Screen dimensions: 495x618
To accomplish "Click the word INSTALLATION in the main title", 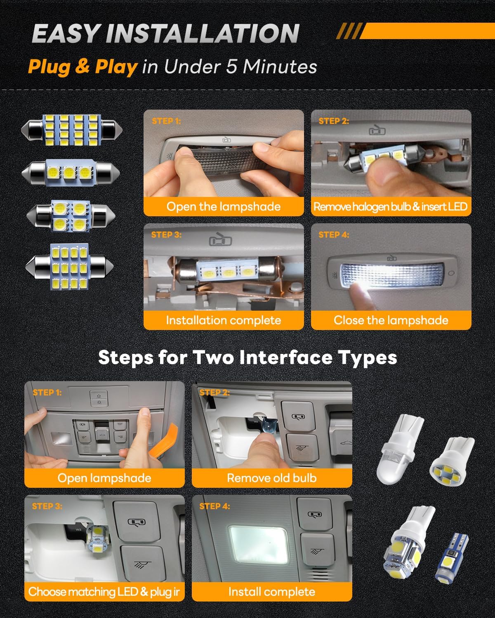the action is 203,33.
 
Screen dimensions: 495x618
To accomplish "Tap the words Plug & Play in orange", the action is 82,67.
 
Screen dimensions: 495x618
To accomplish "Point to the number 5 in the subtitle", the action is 231,67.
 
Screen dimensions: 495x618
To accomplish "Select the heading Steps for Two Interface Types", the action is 247,358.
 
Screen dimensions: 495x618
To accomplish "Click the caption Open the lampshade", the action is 224,206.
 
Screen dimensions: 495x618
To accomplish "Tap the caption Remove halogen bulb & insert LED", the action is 390,206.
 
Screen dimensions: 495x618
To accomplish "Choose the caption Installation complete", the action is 224,320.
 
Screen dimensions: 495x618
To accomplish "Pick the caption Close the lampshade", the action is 391,320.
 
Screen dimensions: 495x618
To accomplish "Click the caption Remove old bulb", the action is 272,478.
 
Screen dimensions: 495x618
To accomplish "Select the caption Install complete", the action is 272,592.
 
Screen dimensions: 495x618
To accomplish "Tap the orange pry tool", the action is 166,442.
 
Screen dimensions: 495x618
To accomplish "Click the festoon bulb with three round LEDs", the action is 71,173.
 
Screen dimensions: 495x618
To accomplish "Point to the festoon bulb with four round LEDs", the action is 71,216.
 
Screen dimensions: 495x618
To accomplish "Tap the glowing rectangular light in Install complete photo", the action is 258,545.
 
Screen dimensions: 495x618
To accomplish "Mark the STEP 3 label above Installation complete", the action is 166,234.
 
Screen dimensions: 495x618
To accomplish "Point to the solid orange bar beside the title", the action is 427,31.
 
